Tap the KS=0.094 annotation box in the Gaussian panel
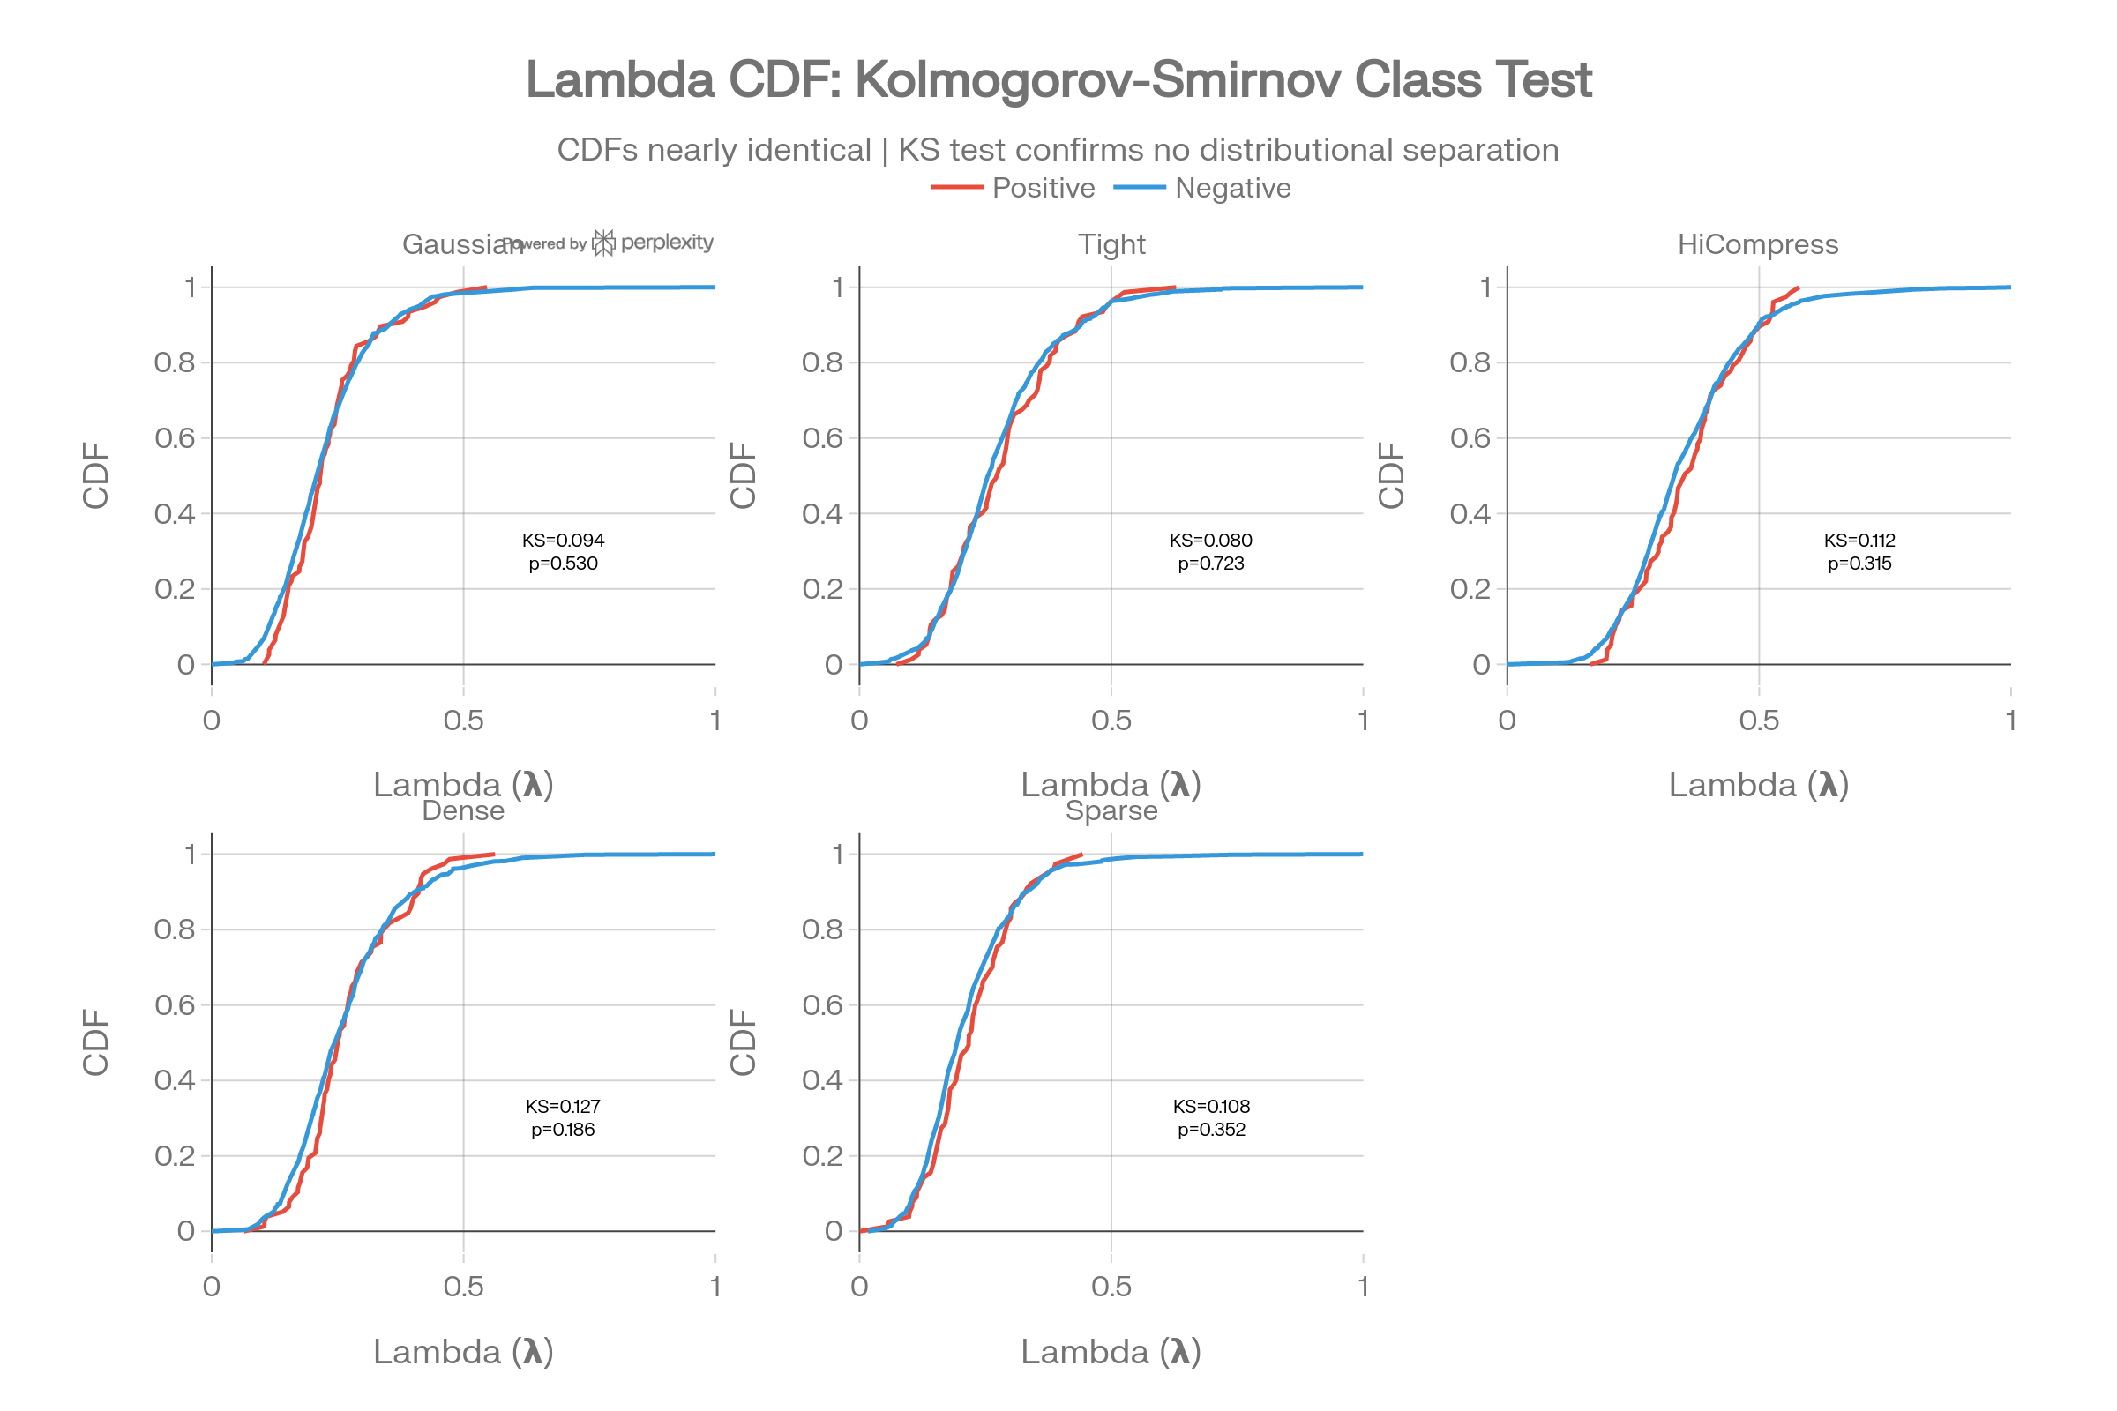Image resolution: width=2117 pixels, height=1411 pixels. (564, 550)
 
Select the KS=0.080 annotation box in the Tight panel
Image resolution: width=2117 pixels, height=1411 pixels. (1210, 550)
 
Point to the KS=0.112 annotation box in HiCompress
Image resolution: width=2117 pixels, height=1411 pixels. (1859, 550)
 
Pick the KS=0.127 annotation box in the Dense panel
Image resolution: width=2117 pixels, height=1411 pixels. (563, 1116)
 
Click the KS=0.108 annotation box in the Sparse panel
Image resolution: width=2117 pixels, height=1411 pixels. (1210, 1116)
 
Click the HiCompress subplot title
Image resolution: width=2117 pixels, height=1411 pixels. (1757, 245)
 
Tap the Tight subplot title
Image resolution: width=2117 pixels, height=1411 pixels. (1111, 245)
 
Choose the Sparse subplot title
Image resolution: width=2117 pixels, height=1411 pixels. (1111, 810)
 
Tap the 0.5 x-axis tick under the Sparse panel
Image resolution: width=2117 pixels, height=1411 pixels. (1111, 1286)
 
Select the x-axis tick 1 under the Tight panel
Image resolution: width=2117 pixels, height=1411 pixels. (1362, 720)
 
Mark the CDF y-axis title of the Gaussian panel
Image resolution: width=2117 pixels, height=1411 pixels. (95, 475)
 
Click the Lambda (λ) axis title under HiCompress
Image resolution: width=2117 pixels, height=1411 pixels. (1758, 785)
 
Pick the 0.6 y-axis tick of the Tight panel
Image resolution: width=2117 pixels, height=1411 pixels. (822, 438)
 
